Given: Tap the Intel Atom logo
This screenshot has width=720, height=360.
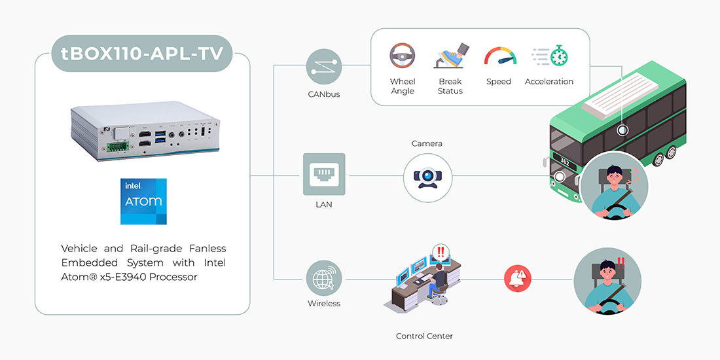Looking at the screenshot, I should point(143,201).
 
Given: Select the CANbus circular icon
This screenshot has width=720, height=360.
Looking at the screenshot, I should point(324,66).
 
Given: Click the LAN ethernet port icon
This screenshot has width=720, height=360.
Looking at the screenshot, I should point(324,174).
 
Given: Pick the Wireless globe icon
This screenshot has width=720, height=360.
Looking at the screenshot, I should point(324,278).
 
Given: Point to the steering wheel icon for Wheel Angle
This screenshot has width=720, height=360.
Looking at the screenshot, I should point(403,57).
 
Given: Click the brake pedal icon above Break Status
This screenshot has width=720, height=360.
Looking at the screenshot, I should point(450,56).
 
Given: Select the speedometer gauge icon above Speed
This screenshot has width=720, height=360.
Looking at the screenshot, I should point(499,57).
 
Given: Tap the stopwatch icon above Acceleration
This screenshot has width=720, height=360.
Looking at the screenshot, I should point(549,57).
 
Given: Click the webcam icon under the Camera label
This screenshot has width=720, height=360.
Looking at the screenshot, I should point(427,176).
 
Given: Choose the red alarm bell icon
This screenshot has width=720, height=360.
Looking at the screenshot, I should point(517,278).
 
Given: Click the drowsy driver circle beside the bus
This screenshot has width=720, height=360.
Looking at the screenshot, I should point(614,185).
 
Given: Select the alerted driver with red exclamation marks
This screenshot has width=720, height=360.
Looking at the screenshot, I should point(607,279).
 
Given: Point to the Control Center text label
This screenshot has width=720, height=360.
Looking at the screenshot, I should point(424,336).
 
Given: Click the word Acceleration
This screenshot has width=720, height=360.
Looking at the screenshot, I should point(549,82).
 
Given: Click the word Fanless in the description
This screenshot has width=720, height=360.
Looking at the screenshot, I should point(205,249).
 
